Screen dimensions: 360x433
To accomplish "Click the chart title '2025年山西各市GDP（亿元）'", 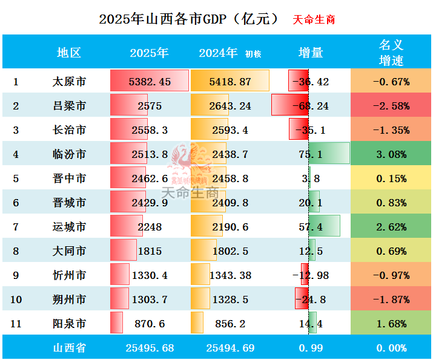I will [189, 19].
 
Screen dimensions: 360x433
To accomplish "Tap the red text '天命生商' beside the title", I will [314, 19].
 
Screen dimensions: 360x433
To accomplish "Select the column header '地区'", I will [68, 53].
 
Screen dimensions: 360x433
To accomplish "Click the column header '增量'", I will [311, 53].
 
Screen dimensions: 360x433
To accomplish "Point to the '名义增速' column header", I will [391, 53].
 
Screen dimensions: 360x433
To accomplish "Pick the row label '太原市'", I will [69, 82].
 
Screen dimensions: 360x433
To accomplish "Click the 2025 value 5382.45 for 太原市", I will [150, 82].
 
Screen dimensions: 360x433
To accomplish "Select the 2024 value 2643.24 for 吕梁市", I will [230, 106].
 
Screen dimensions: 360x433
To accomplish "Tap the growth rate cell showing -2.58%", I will [391, 106].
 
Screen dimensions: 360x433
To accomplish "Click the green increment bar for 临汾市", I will [329, 154].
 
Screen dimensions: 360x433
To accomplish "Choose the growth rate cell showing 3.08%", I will [391, 154].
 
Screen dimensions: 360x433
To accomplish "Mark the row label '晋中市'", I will [69, 178].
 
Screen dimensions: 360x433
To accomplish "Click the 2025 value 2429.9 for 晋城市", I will [150, 203].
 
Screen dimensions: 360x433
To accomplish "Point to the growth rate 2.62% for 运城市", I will [391, 227].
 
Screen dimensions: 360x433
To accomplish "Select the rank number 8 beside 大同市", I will [16, 251].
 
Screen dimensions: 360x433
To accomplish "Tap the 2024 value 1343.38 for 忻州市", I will [230, 275].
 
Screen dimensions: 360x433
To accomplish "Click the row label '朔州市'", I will [69, 299].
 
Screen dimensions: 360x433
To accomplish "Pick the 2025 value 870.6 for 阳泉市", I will [150, 324].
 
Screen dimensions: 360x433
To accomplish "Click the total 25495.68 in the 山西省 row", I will [150, 348].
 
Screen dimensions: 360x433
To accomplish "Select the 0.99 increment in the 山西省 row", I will [311, 348].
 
